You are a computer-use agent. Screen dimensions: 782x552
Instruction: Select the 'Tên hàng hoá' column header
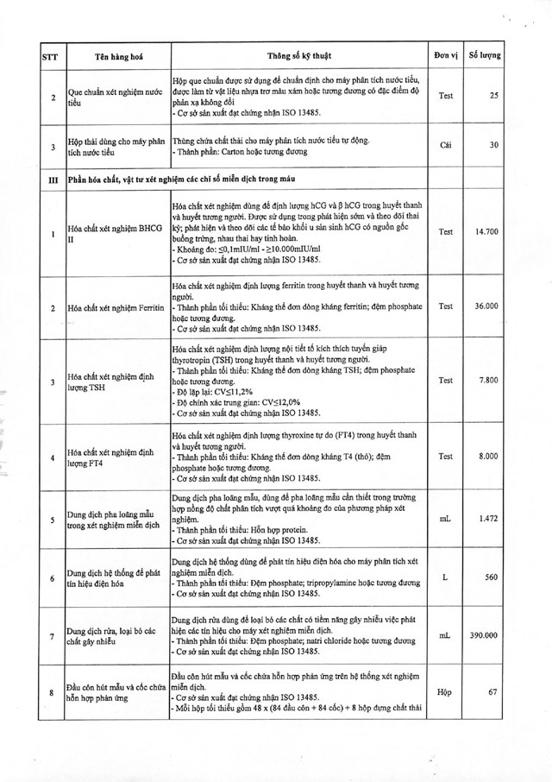[x=118, y=58]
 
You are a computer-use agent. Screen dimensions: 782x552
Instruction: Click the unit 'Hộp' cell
[x=445, y=692]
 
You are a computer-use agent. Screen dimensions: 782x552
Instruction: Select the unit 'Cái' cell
[x=445, y=146]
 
